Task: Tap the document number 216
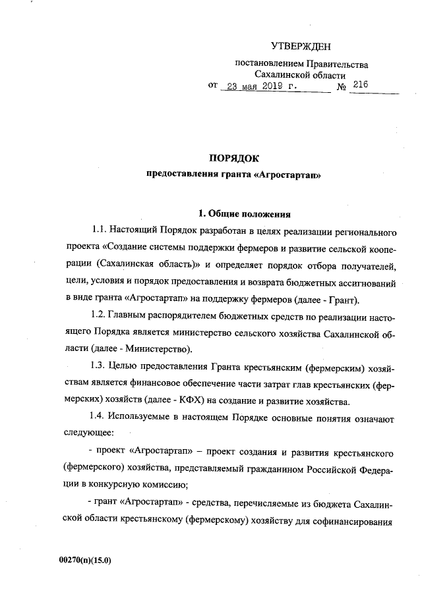point(360,85)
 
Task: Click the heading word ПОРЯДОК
point(234,158)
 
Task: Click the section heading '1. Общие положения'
point(244,213)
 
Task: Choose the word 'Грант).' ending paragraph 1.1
point(342,300)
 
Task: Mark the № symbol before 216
point(342,87)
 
